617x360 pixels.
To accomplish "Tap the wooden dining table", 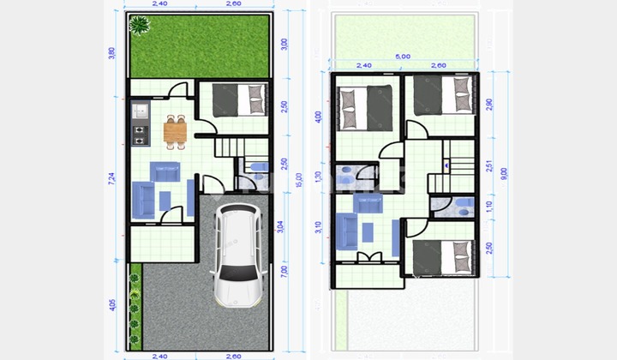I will tap(175, 131).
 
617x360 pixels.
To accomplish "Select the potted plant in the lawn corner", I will tap(139, 27).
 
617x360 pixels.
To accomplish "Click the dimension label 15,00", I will tap(297, 183).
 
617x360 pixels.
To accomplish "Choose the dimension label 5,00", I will tap(403, 57).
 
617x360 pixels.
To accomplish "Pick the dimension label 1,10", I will tap(489, 206).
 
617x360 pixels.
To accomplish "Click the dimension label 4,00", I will tap(319, 116).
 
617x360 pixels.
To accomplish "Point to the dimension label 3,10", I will tap(319, 227).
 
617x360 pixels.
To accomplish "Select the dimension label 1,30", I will tap(319, 177).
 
